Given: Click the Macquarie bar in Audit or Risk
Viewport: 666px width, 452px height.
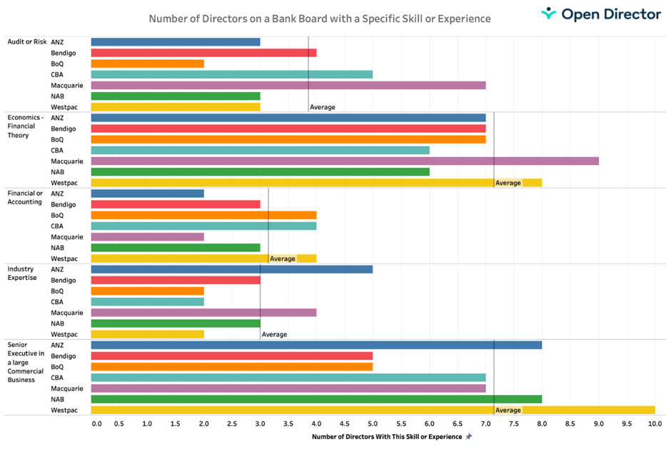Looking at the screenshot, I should [288, 86].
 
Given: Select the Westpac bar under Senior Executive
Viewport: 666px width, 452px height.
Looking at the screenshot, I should [373, 411].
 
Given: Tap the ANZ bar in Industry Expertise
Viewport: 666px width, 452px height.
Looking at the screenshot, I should [232, 270].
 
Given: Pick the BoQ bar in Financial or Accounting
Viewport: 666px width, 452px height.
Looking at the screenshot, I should [203, 216].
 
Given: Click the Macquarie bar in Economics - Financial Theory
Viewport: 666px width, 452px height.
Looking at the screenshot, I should [345, 161].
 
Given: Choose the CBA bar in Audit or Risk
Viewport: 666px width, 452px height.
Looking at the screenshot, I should [232, 75].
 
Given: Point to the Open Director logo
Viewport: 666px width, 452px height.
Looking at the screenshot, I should [601, 14].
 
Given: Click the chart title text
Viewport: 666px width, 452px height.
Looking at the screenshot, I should [320, 18].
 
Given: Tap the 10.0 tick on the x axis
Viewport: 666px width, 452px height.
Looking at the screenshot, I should [655, 423].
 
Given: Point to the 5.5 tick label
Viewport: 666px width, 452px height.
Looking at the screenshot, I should [401, 423].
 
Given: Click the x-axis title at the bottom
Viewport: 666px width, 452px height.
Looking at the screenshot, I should [387, 437].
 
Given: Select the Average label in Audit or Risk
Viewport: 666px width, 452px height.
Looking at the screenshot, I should [323, 108].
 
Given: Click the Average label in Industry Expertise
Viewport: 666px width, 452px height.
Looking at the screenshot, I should [274, 335].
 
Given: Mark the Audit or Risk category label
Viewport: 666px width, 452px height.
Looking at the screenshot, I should [27, 42].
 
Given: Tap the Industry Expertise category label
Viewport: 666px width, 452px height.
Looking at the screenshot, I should [22, 273].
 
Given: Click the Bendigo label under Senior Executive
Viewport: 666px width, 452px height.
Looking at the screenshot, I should [64, 356].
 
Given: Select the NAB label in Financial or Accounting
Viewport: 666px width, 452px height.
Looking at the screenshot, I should [58, 248].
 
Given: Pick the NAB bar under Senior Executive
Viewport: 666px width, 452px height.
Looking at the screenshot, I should [316, 400].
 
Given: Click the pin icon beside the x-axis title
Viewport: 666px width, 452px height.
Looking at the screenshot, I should [469, 437].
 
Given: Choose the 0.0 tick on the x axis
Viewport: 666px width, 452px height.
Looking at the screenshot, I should [96, 423].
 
